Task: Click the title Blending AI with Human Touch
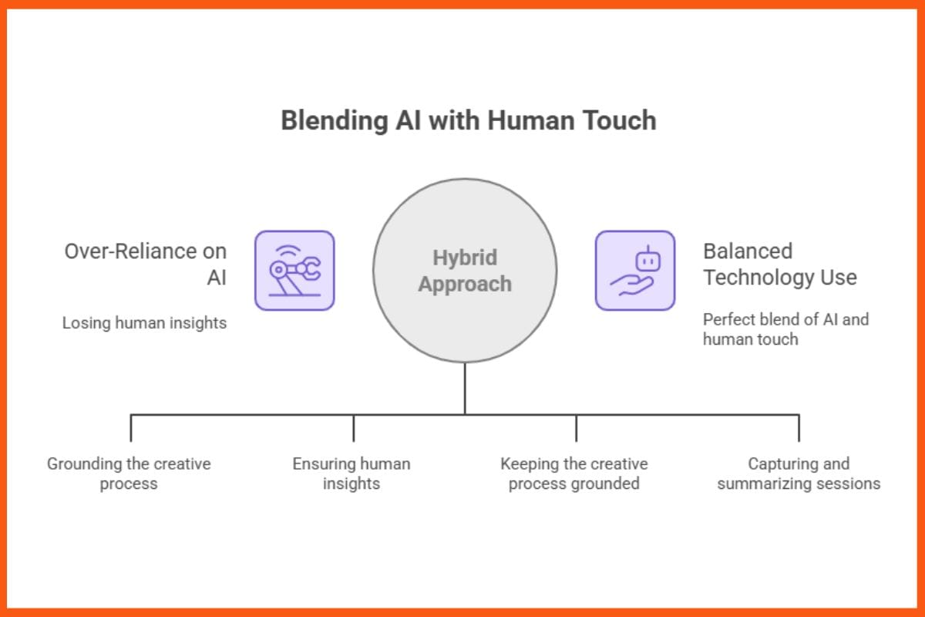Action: point(468,120)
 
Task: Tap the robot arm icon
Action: point(294,271)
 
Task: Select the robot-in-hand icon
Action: point(634,271)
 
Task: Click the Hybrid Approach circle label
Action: point(465,271)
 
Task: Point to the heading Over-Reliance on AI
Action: point(146,264)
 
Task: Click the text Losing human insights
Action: point(144,323)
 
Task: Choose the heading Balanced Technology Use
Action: point(779,264)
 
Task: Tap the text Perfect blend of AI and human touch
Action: point(785,329)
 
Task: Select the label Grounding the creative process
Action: point(129,474)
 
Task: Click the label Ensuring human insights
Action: point(351,474)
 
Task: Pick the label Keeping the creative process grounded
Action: point(574,474)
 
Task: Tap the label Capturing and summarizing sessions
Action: point(799,474)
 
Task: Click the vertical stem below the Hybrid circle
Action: point(465,388)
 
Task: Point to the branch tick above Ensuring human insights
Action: point(354,428)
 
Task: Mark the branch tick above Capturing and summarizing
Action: point(799,428)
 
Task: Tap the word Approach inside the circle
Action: point(465,284)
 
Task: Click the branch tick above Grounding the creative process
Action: point(131,428)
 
